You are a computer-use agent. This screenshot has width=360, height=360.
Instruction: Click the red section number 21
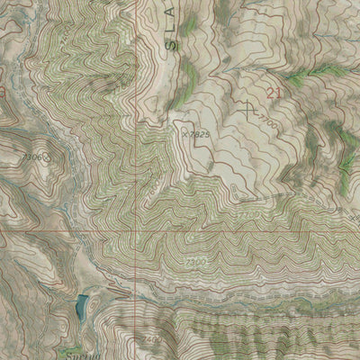click(274, 91)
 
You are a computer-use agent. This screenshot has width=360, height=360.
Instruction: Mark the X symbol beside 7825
click(183, 133)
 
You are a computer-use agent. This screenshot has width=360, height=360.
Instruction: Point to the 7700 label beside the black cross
click(264, 119)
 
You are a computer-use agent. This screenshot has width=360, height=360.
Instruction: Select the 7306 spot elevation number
click(33, 157)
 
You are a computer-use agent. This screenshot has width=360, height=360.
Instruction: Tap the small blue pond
click(81, 307)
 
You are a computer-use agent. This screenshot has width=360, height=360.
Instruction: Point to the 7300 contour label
click(196, 261)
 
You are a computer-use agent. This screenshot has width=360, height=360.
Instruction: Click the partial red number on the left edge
click(3, 92)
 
